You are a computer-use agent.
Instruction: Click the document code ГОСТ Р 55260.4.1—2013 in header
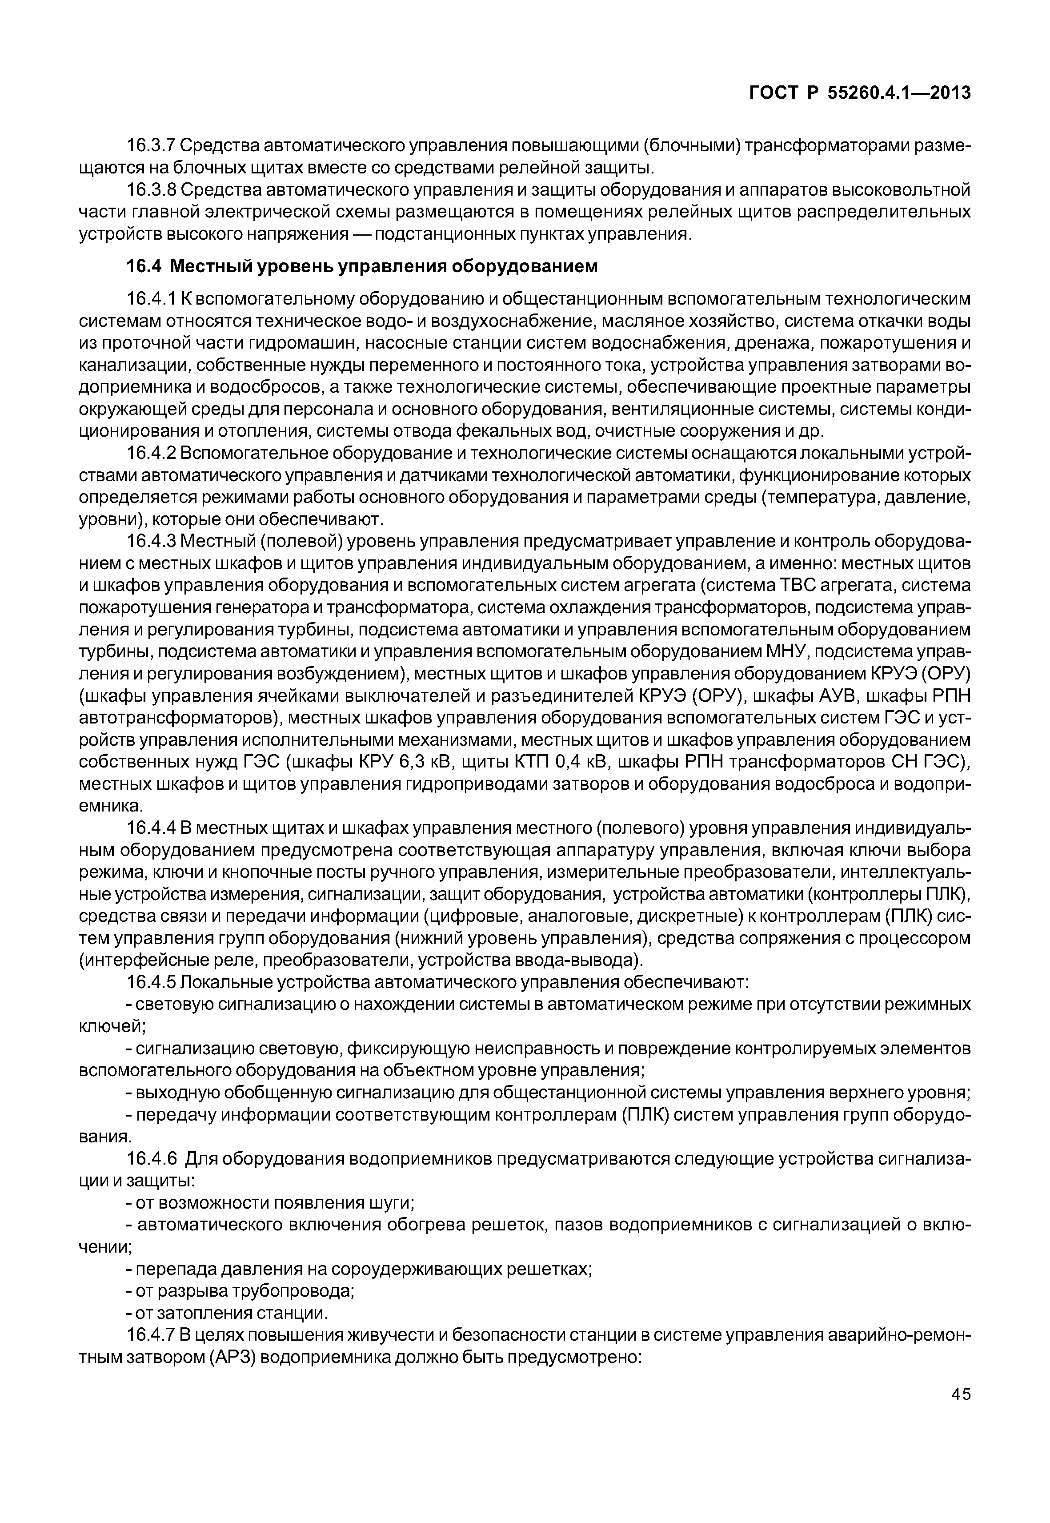click(860, 93)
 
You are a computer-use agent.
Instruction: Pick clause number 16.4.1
click(151, 299)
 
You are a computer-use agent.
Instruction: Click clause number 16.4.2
click(151, 454)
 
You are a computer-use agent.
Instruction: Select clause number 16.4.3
click(151, 542)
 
